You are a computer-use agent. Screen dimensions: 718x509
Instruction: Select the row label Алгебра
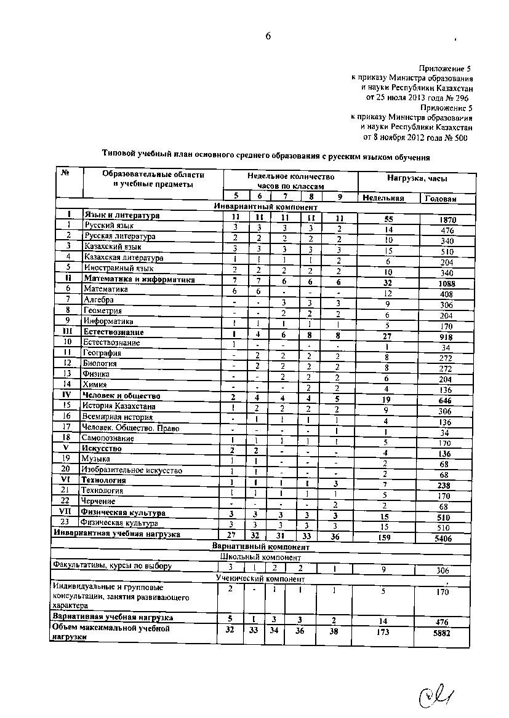(x=98, y=299)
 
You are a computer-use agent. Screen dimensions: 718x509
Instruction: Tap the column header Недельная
(x=383, y=198)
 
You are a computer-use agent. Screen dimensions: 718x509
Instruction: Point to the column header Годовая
(x=441, y=199)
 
